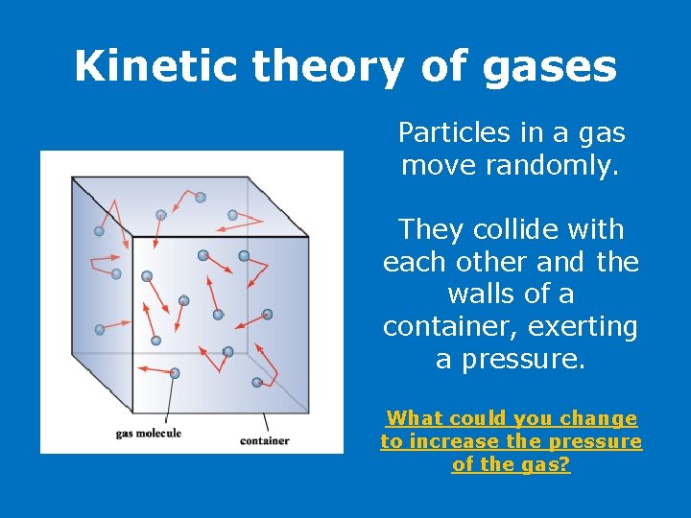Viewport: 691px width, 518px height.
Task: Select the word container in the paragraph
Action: (441, 327)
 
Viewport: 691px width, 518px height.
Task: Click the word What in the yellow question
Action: (413, 418)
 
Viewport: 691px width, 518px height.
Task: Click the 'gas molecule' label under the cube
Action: (148, 434)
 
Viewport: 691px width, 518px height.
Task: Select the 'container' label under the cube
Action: (264, 441)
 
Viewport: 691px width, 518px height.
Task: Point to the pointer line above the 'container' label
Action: (266, 422)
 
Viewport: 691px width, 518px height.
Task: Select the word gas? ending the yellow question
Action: (548, 464)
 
